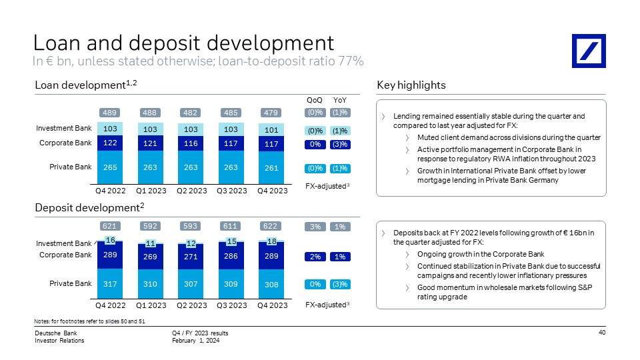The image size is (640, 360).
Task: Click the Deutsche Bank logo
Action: (589, 51)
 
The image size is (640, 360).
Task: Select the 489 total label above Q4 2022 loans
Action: (109, 113)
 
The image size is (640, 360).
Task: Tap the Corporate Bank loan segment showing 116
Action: (191, 143)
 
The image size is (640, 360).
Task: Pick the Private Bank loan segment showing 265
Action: (110, 167)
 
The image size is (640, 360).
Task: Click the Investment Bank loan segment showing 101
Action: (271, 130)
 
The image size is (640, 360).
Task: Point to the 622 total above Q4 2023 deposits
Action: (270, 226)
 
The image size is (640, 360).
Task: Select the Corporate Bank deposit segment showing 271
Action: (191, 257)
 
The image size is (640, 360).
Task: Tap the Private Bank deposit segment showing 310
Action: (150, 284)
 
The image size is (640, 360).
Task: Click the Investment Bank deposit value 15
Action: (231, 241)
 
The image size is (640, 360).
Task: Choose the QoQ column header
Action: (314, 101)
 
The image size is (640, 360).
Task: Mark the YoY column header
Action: (339, 101)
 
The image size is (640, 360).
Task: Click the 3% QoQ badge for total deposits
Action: (315, 227)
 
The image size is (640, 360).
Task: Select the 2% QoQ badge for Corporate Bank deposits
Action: (315, 257)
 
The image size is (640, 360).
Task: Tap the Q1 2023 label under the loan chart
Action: (151, 191)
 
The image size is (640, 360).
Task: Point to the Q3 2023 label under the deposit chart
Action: (232, 305)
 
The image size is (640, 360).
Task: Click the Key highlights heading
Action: (411, 85)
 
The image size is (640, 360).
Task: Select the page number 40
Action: (602, 332)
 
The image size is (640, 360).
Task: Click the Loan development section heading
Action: (86, 85)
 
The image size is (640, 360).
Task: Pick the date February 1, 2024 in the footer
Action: (195, 341)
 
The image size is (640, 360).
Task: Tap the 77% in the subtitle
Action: (351, 61)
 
